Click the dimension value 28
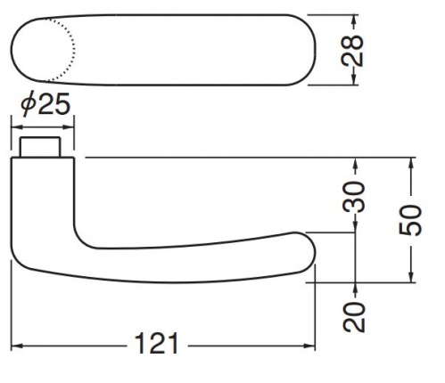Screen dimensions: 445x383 352,51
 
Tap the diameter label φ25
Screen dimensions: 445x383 45,104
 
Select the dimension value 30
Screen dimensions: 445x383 354,197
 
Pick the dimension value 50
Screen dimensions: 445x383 410,220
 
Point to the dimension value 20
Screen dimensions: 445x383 354,317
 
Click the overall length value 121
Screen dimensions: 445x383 156,343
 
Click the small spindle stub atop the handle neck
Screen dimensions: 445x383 40,147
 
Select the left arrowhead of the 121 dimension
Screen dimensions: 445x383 17,346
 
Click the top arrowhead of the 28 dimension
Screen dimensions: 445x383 353,20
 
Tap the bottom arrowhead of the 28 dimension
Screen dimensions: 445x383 353,78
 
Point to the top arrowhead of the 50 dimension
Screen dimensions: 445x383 411,164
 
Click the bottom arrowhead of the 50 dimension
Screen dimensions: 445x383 411,276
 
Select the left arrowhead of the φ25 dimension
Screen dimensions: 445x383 17,127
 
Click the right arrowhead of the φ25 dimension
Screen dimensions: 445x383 68,127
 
